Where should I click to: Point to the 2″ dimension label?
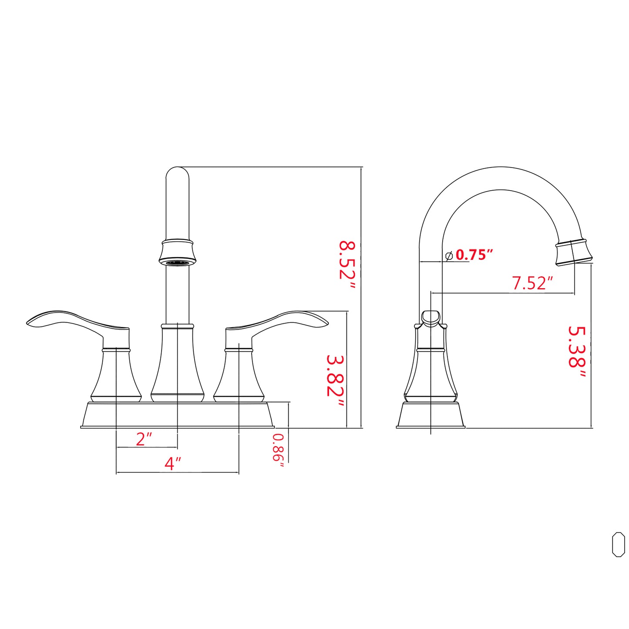coord(144,439)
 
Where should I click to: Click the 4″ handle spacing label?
coord(172,464)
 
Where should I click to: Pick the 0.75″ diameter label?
coord(474,255)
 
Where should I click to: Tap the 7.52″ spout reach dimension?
coord(531,283)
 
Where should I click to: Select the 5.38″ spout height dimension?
coord(577,353)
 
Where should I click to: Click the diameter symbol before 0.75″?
coord(449,256)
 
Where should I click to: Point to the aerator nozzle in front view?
coord(178,262)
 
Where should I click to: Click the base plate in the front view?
coord(178,415)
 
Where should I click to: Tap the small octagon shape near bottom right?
coord(618,544)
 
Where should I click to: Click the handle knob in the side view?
coord(431,318)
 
